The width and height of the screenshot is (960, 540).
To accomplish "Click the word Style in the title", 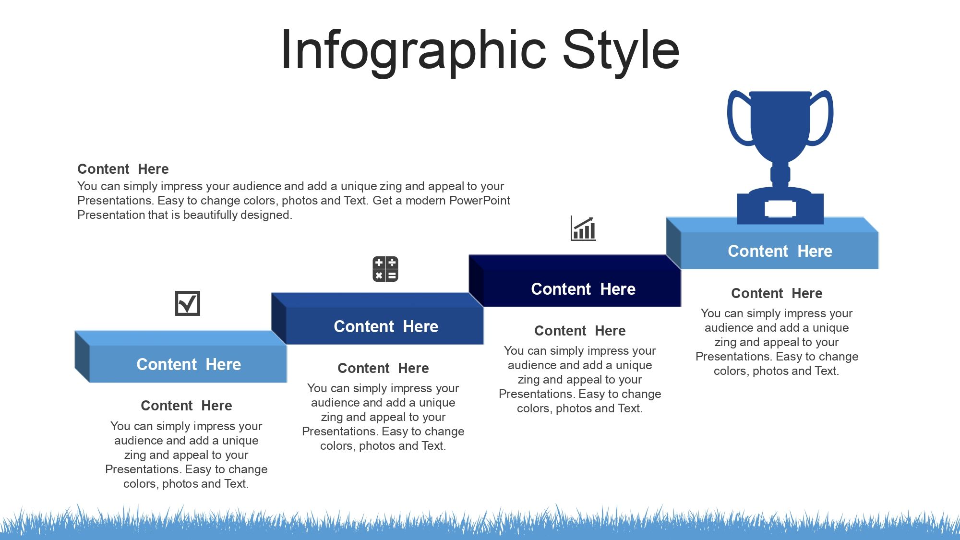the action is point(621,52).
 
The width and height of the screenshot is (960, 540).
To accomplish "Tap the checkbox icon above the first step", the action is point(188,303).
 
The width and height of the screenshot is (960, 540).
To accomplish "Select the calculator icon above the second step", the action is point(385,269).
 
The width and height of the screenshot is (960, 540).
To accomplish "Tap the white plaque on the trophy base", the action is point(780,209).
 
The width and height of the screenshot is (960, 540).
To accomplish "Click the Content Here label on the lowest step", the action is point(189,364).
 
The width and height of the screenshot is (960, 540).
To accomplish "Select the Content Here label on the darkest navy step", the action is point(583,289).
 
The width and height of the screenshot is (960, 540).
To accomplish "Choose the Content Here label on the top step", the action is point(780,251).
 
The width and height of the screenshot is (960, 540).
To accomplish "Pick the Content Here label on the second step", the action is point(386,326).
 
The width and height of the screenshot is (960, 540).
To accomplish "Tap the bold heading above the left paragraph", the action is point(123,169).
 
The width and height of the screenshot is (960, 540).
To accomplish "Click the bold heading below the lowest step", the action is point(186,406).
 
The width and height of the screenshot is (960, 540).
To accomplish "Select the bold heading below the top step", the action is point(777,293).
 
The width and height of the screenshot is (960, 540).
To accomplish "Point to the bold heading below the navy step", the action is point(580,331).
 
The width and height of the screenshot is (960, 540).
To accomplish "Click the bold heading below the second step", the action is point(383,368).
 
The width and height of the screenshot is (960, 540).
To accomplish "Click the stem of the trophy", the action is point(780,174).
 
